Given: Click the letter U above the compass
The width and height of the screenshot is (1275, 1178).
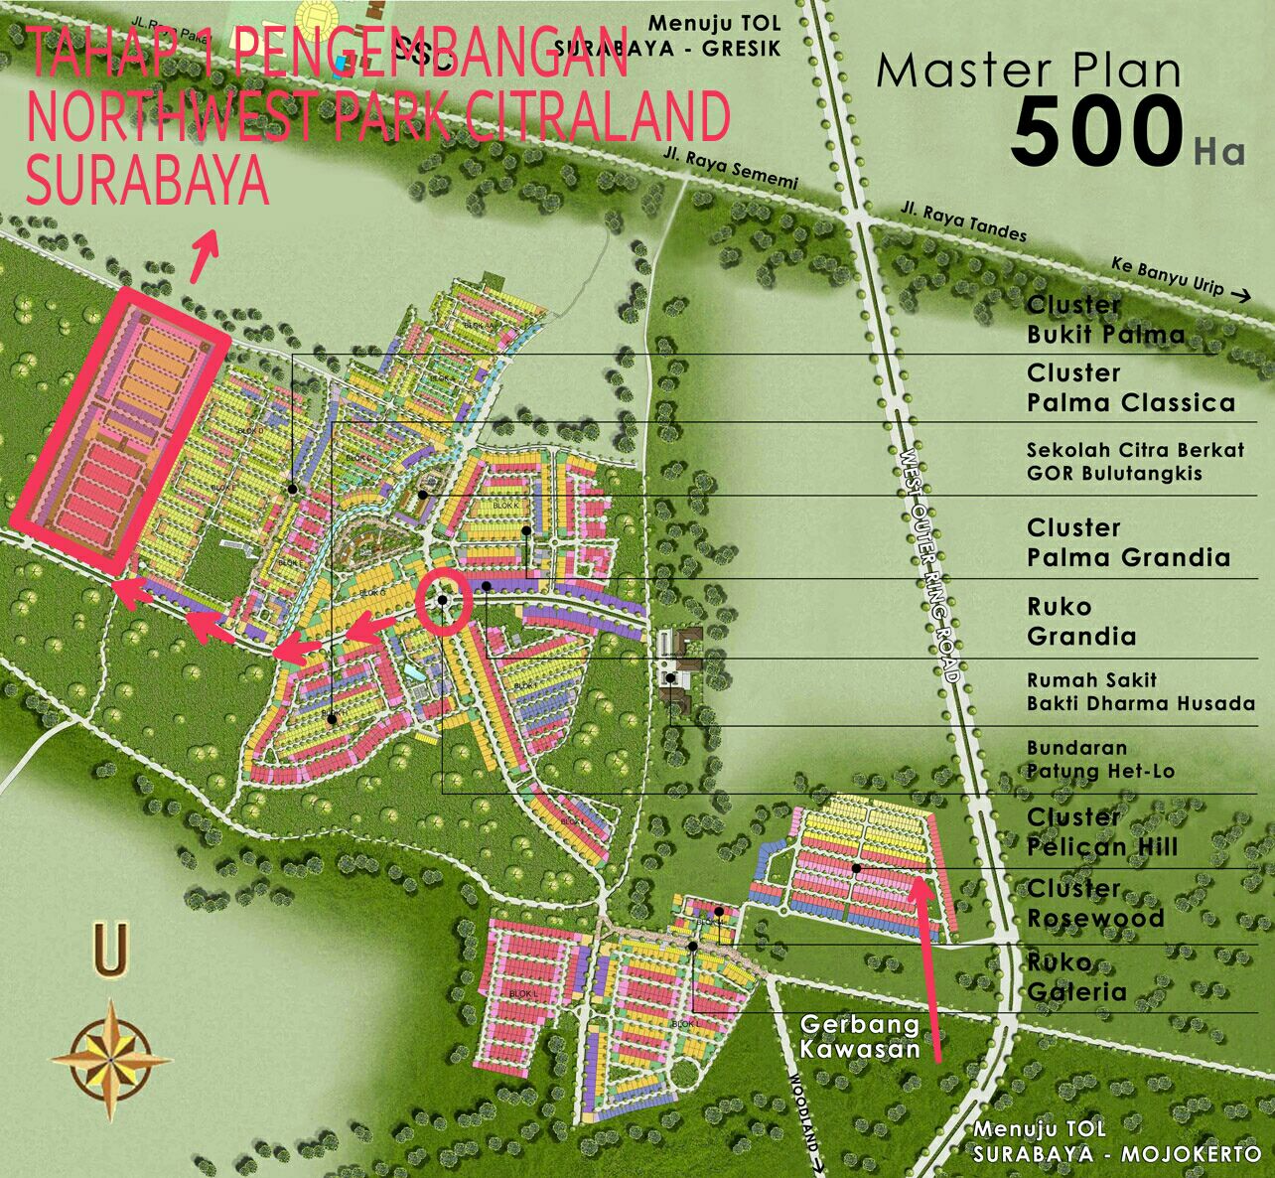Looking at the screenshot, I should click(110, 950).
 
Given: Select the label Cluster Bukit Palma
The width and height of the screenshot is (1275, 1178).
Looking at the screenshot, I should click(1105, 320).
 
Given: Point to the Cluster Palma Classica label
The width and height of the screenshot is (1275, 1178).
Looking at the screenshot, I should click(1130, 388).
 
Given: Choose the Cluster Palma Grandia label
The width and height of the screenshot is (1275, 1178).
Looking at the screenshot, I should click(1128, 542).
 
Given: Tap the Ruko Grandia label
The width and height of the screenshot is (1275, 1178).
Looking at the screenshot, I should click(1080, 622).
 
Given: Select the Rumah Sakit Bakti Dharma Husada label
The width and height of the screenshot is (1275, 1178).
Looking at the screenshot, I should click(1140, 692).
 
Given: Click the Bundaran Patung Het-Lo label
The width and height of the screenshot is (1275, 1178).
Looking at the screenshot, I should click(1100, 759).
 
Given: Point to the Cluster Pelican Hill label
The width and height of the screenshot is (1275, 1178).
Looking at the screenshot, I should click(1102, 832).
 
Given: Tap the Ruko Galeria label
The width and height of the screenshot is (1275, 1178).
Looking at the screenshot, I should click(1076, 977).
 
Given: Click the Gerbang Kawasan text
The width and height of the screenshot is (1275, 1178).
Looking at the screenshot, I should click(860, 1036).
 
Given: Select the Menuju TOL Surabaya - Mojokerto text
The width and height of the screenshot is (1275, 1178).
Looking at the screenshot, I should click(1116, 1142).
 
